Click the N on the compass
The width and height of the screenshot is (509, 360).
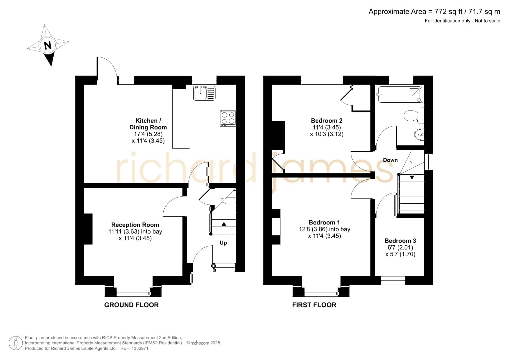pos(48,45)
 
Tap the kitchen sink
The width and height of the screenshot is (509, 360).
pos(204,93)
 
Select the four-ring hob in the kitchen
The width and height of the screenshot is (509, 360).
pos(228,118)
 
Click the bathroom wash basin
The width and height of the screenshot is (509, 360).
pos(419,135)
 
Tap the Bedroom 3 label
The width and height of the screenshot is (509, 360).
pos(400,241)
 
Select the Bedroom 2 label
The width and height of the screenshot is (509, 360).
pos(327,121)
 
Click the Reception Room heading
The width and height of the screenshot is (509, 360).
pos(135,225)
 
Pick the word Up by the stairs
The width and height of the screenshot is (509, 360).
pos(223,243)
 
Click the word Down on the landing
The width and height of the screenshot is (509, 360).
pos(390,160)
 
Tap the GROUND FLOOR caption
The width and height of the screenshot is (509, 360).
pos(131,305)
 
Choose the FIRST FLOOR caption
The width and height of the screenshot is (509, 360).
pos(314,305)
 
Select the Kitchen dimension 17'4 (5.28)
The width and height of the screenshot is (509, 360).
pos(148,134)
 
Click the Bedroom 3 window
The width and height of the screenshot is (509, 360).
pos(393,281)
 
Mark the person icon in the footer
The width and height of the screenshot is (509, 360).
pos(16,343)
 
